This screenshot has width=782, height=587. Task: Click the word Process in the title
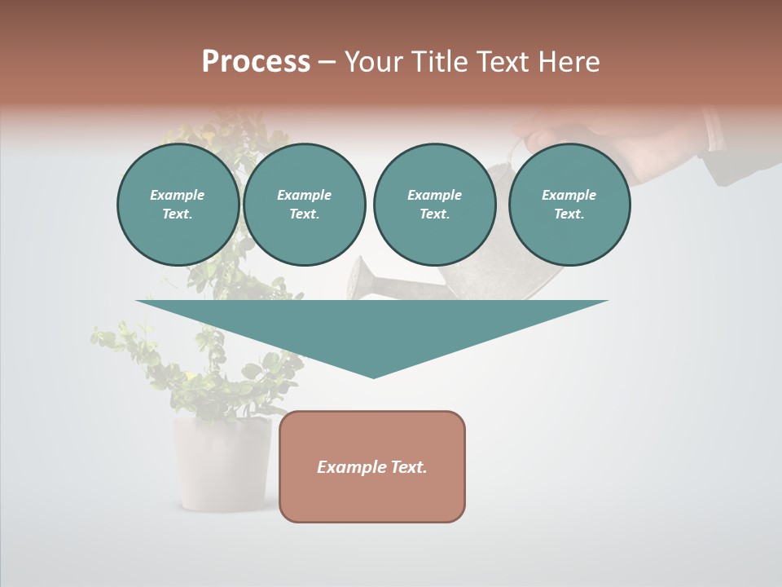click(256, 62)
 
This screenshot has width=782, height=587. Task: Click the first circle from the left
click(178, 205)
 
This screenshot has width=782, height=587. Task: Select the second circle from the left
click(304, 205)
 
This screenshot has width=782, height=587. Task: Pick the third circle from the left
click(434, 205)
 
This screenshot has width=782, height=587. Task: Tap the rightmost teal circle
click(569, 205)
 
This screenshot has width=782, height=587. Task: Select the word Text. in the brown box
click(408, 467)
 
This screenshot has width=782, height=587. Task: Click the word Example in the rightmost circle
click(569, 195)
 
